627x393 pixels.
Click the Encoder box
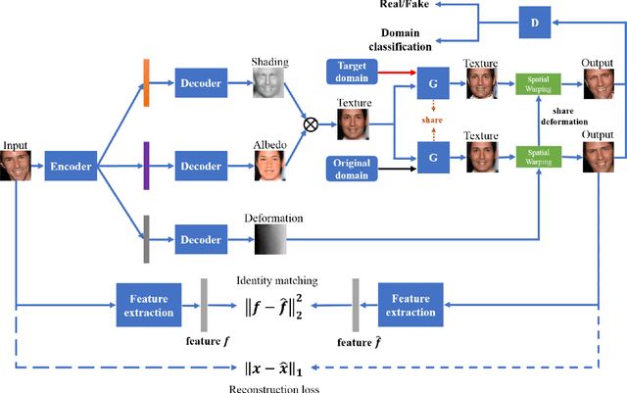point(72,167)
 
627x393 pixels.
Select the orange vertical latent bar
point(146,81)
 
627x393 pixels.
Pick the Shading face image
point(270,82)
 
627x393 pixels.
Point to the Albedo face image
point(270,166)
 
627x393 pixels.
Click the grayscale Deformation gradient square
point(270,239)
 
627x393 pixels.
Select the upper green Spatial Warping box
point(534,81)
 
